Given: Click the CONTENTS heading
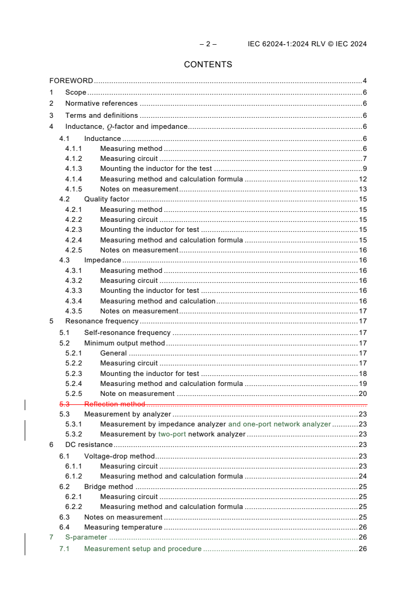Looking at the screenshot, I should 208,65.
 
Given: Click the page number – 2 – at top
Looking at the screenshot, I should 208,44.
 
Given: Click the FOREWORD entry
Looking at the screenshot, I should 71,81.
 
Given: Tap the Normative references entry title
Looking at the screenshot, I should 101,104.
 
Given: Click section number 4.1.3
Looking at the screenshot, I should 74,169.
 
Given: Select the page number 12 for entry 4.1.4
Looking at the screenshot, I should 362,179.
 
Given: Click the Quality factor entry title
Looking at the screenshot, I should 107,199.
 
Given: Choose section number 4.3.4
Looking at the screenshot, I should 74,301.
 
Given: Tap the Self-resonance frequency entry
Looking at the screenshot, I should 127,332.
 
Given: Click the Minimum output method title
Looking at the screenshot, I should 125,343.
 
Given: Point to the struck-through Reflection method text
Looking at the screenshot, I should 115,404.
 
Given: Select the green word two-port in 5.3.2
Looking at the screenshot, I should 172,434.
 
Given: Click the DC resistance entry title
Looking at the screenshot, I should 89,445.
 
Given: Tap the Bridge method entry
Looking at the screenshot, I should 108,486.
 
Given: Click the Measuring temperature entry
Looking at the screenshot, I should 123,527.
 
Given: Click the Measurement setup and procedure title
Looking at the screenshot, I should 143,549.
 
